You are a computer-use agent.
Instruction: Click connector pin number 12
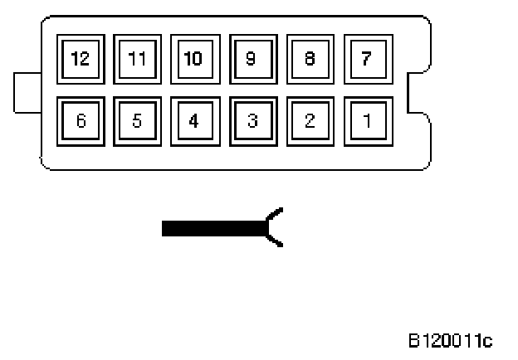(x=81, y=60)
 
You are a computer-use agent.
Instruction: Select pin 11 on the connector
(x=137, y=60)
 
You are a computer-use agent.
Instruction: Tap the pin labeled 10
(x=194, y=60)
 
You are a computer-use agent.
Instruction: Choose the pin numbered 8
(x=310, y=60)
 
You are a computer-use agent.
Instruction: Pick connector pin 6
(x=81, y=121)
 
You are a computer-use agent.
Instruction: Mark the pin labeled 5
(x=137, y=121)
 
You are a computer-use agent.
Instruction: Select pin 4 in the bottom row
(x=194, y=121)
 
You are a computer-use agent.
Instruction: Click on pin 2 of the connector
(x=310, y=121)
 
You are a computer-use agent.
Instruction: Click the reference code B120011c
(x=451, y=340)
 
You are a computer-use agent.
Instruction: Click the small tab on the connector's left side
(x=27, y=91)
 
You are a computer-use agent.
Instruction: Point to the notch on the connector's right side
(x=418, y=91)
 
